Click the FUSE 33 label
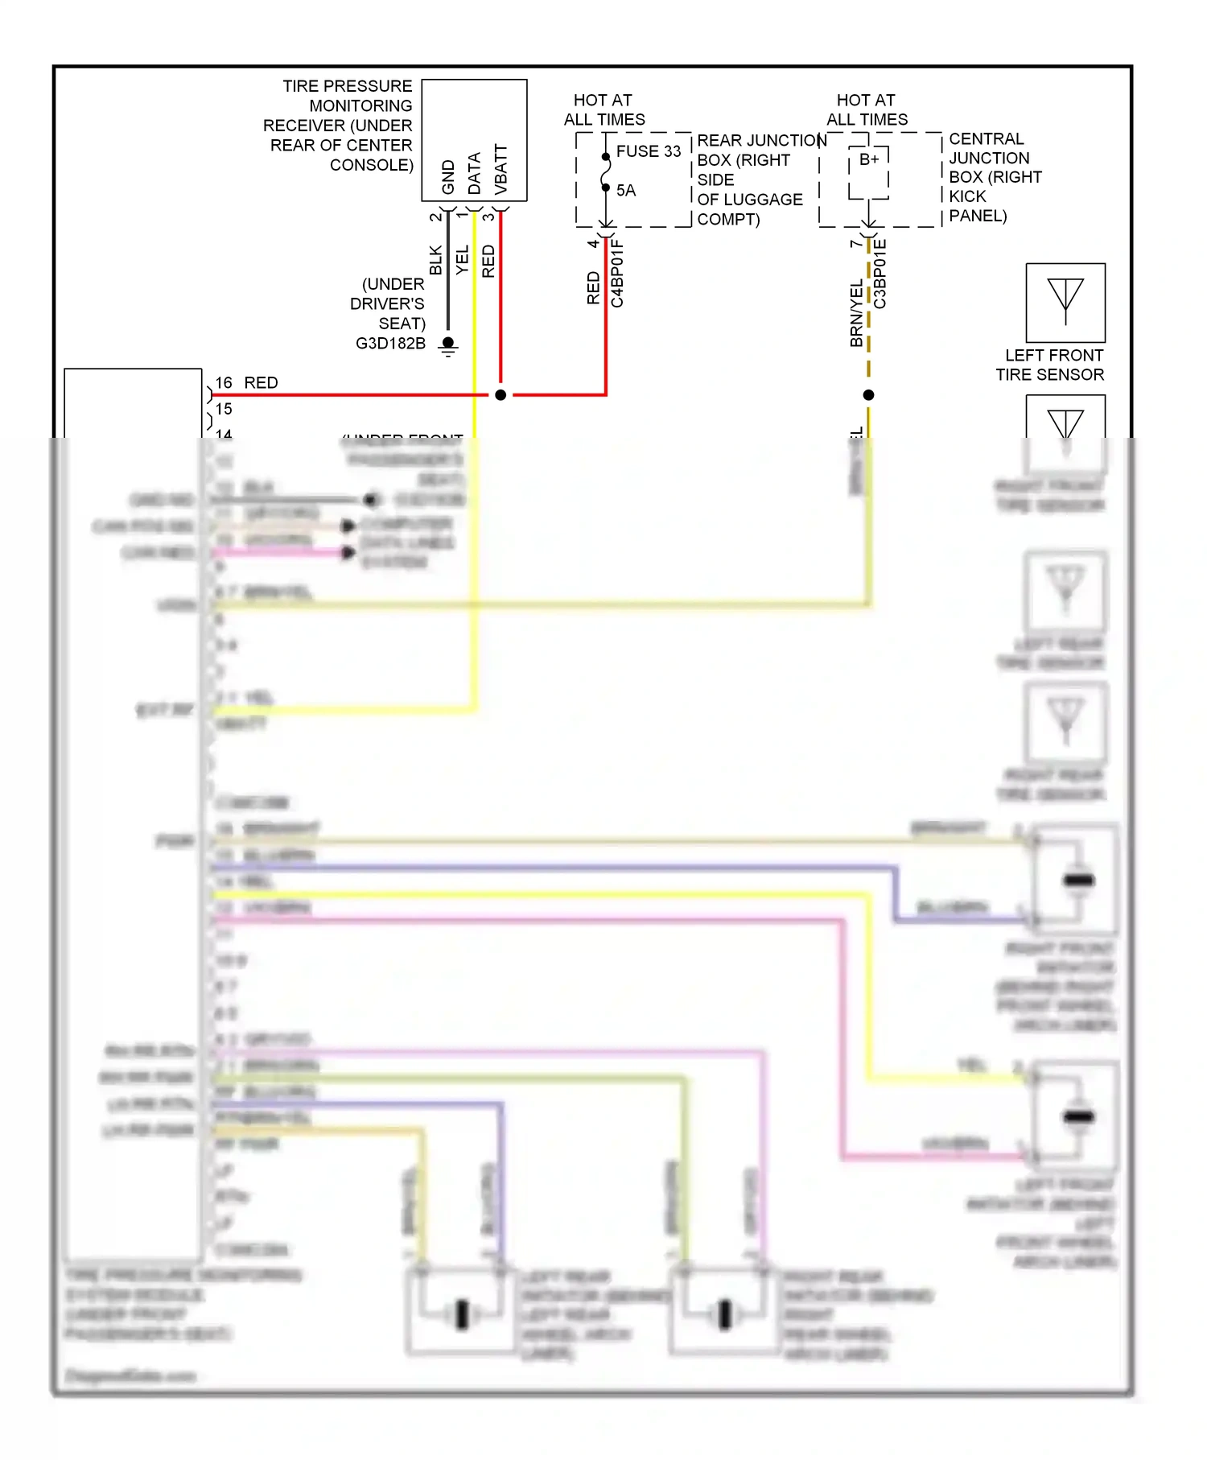648,151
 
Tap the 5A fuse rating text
625,191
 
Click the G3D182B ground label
390,344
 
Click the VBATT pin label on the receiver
501,169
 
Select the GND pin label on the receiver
449,176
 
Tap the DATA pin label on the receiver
475,173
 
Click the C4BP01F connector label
617,274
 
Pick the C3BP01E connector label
880,274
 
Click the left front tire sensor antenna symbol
1065,302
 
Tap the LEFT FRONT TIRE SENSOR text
1050,365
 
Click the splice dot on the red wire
501,395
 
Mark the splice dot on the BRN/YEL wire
868,395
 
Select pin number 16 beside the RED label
224,383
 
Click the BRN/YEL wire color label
856,314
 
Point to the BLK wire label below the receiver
436,260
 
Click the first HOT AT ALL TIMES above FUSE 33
603,110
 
